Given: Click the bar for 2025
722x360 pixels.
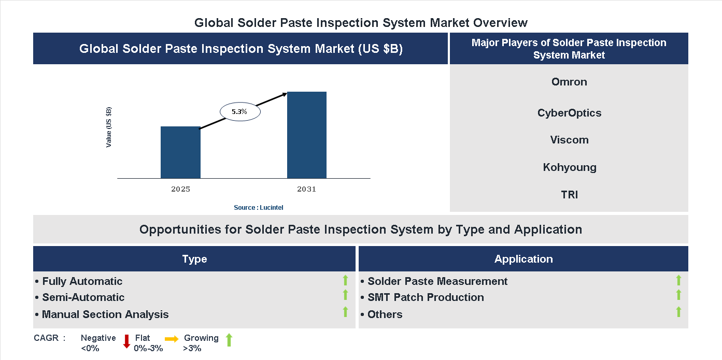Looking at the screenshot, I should [180, 152].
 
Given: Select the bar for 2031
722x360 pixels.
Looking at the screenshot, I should [307, 135].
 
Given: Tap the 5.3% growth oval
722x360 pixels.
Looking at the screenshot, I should [240, 111].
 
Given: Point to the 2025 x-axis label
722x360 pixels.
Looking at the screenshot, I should [180, 190].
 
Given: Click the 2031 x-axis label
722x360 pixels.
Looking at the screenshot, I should [306, 190].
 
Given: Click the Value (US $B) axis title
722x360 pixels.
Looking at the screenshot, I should [109, 127].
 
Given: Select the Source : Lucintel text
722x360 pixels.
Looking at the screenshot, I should [258, 208].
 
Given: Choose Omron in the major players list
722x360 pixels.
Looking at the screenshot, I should [569, 82].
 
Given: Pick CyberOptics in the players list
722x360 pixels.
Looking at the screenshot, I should [569, 113].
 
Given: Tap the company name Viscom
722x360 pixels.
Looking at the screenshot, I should [569, 140].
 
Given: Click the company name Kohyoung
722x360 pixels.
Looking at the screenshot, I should [569, 167].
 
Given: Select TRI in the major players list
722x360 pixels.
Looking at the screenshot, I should [569, 195].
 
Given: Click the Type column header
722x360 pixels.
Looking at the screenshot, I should [194, 259].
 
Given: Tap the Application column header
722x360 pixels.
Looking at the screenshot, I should [523, 259].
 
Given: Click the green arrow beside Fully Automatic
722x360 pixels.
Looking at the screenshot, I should [345, 281].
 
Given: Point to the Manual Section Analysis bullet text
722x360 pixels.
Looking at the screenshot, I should [105, 314].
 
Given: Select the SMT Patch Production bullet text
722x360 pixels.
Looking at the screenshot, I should [426, 297].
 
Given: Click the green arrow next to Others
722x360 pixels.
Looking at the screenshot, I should [678, 312].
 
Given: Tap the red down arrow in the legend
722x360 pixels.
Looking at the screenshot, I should [126, 341].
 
